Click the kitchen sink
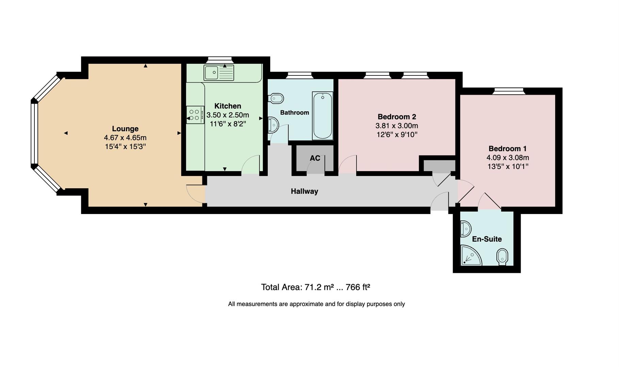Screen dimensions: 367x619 [219, 73]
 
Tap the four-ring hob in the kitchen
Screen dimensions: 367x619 [195, 115]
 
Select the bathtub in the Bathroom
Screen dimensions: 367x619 [322, 116]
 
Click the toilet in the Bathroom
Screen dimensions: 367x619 [276, 99]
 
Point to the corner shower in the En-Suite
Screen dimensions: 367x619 [470, 256]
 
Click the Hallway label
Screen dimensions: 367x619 [304, 191]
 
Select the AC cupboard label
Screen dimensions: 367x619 [315, 158]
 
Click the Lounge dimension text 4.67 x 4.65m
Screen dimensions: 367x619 [125, 138]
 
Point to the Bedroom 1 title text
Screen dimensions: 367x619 [507, 148]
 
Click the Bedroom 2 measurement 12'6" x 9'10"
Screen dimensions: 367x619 [397, 135]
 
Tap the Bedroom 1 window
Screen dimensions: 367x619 [509, 90]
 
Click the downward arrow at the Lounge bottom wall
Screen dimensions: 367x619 [146, 205]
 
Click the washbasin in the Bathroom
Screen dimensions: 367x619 [273, 125]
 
